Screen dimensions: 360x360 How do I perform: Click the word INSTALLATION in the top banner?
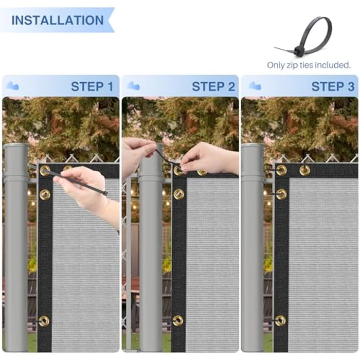click(x=57, y=21)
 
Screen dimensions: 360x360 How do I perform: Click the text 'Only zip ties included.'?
click(x=309, y=65)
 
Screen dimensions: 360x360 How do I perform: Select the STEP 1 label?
click(x=92, y=86)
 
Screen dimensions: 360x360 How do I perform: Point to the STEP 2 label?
click(x=213, y=86)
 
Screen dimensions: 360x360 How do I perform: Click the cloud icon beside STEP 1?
click(x=12, y=86)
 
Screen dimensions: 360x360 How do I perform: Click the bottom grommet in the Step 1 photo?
click(x=44, y=321)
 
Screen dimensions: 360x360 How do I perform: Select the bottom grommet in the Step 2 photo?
click(x=178, y=320)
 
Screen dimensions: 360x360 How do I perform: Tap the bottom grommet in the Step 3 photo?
click(x=280, y=320)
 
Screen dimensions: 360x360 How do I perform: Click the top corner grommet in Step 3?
click(x=281, y=170)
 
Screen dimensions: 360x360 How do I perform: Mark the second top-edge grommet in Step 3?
click(x=305, y=170)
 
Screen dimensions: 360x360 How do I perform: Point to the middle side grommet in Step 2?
click(x=178, y=194)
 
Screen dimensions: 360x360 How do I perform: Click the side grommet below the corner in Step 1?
click(x=45, y=194)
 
